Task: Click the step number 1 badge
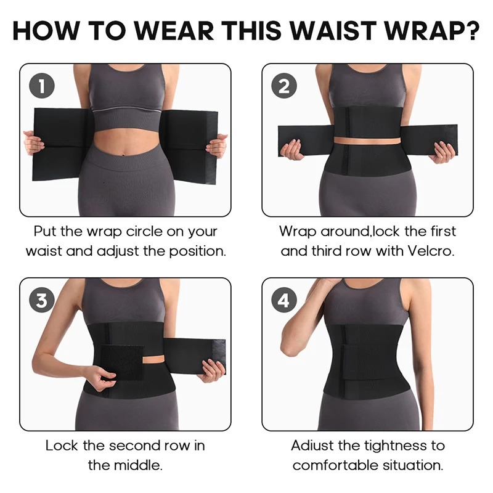coord(41,86)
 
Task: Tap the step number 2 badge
coord(283,86)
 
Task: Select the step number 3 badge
coord(41,300)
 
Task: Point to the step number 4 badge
coord(283,300)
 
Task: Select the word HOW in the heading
coord(47,29)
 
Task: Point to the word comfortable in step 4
coord(337,465)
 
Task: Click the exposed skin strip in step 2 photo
coord(366,140)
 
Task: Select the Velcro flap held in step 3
coord(121,363)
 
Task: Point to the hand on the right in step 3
coord(213,370)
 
